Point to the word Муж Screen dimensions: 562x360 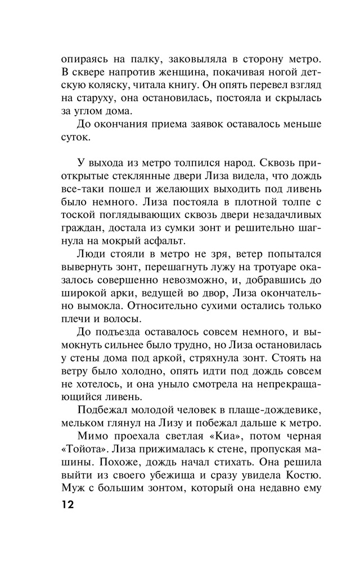[x=73, y=479]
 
